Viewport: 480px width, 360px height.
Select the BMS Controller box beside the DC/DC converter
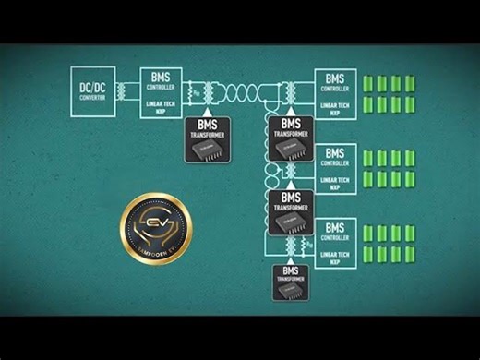pyautogui.click(x=161, y=91)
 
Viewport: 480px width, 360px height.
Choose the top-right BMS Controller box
pyautogui.click(x=335, y=91)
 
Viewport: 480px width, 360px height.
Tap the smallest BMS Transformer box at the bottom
pyautogui.click(x=292, y=282)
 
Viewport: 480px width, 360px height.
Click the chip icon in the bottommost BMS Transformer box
pyautogui.click(x=292, y=290)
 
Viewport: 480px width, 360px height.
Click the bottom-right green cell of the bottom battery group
pyautogui.click(x=410, y=254)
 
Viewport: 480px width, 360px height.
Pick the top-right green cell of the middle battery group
pyautogui.click(x=410, y=157)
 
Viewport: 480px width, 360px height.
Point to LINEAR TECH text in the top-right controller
pyautogui.click(x=334, y=103)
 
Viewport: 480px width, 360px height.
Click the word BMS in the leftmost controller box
pyautogui.click(x=161, y=75)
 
